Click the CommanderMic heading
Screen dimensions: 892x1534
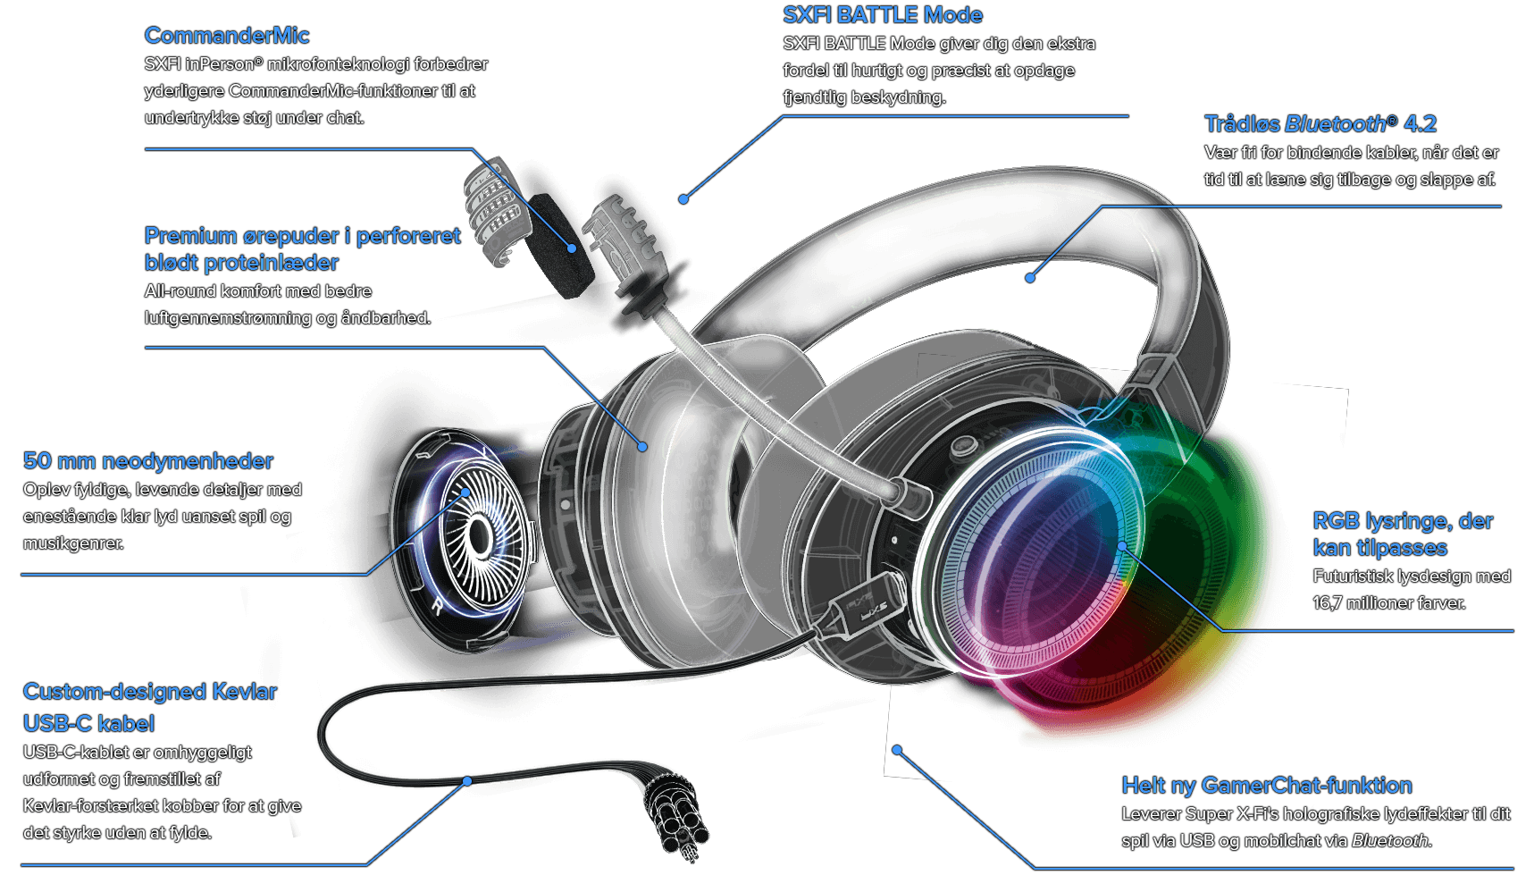pos(226,36)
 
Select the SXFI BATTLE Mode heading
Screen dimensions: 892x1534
pos(882,15)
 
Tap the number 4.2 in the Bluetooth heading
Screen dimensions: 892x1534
pos(1420,124)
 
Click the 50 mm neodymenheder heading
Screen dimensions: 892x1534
pos(147,461)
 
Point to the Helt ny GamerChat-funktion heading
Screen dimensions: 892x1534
pos(1266,786)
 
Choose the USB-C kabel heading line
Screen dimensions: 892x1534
pos(88,724)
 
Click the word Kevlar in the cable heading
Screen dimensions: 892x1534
pos(244,692)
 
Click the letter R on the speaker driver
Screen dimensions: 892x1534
pos(437,606)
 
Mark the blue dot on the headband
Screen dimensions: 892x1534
pos(1030,278)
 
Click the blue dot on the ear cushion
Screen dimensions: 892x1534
pos(642,446)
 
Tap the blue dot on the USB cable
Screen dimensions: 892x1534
pos(466,781)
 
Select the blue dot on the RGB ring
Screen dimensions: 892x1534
pos(1122,545)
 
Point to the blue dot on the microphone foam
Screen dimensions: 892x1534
pos(573,248)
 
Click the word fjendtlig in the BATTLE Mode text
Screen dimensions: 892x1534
pos(814,97)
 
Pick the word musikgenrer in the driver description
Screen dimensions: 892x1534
pos(73,543)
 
